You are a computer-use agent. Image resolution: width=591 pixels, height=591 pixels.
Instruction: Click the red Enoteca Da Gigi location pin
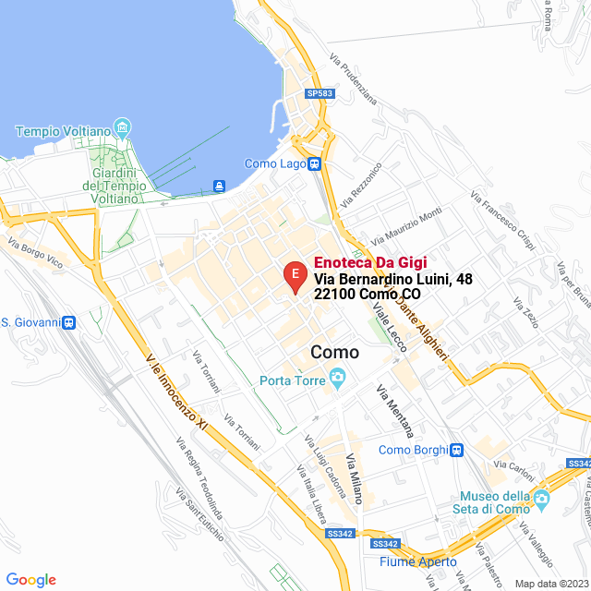coord(294,276)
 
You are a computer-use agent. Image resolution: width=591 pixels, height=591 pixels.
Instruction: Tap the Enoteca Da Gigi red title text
coord(368,262)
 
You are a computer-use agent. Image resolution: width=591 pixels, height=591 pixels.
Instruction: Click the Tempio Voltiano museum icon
coord(122,126)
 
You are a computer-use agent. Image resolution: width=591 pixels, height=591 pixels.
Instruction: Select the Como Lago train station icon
coord(315,163)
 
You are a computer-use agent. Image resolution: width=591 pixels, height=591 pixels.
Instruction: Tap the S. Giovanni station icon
coord(70,322)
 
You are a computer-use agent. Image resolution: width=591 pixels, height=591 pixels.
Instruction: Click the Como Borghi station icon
coord(456,450)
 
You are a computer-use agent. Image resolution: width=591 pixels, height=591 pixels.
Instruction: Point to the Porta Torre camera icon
coord(338,377)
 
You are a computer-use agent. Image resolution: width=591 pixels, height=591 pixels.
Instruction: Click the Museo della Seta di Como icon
coord(541,501)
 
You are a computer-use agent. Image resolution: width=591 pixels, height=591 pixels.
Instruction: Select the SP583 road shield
coord(320,93)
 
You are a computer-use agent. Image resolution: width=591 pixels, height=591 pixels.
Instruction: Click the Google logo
coord(30,579)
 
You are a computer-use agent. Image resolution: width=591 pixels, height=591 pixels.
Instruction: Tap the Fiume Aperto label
coord(418,561)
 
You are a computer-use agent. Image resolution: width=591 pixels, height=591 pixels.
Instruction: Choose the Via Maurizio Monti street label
coord(406,225)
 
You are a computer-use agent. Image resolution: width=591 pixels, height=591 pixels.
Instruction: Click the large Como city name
coord(335,352)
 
